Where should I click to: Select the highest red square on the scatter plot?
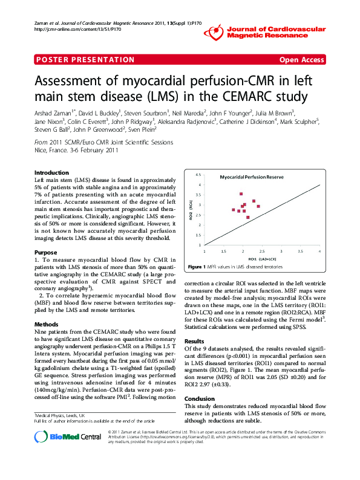click(x=241, y=194)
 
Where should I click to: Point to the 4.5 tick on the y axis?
click(x=198, y=175)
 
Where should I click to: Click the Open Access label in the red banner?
click(x=301, y=59)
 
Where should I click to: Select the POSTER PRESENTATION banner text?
click(x=85, y=59)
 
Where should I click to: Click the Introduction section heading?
click(x=52, y=172)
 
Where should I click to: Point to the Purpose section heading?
click(x=46, y=252)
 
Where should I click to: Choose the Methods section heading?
click(x=47, y=324)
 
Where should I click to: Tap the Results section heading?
click(x=194, y=342)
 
